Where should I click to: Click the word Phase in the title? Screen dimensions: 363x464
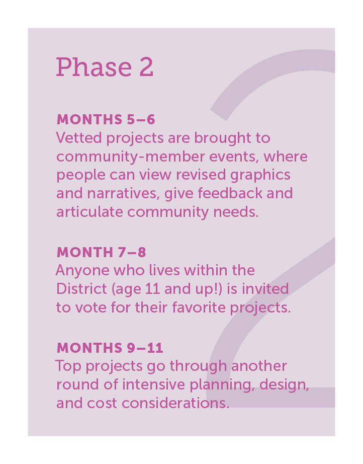[x=94, y=67]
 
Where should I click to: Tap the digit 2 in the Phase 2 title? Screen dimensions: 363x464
[x=146, y=67]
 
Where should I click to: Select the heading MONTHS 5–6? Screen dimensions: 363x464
[x=106, y=120]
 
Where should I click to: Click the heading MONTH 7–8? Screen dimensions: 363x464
[x=102, y=253]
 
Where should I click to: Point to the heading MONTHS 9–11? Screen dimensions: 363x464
[x=110, y=348]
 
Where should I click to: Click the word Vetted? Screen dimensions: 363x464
[x=79, y=138]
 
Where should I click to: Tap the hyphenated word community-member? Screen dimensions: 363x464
[x=130, y=157]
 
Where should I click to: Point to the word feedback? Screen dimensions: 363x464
[x=230, y=193]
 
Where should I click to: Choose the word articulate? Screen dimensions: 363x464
[x=89, y=212]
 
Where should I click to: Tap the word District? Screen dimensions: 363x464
[x=81, y=289]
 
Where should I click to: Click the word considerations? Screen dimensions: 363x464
[x=175, y=403]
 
